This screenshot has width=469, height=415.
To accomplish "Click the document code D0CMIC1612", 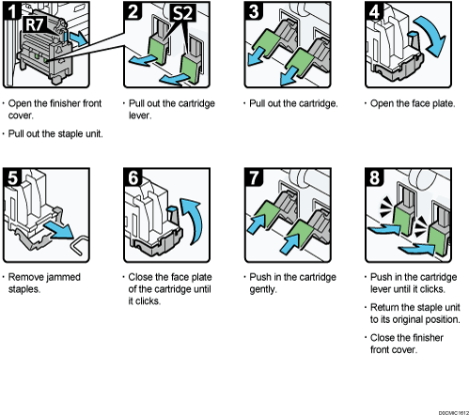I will [x=449, y=408].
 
